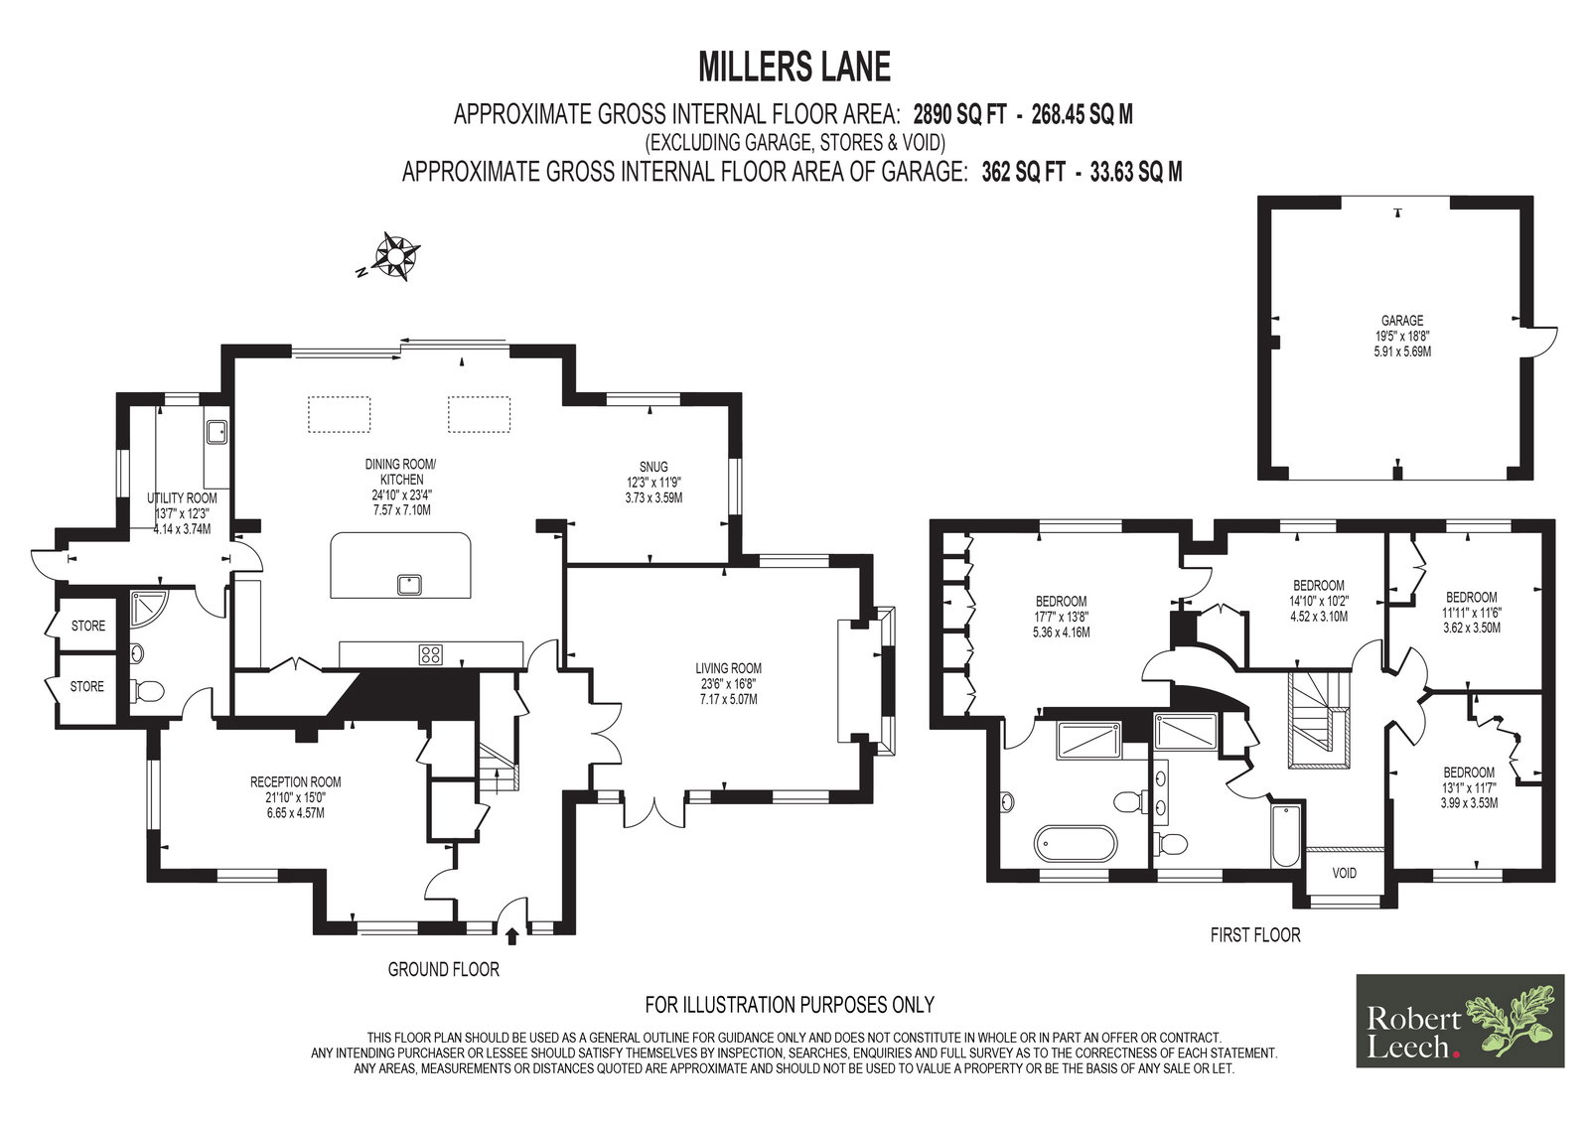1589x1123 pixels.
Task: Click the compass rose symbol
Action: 397,255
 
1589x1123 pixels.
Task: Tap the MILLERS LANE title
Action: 794,67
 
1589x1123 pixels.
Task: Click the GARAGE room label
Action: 1401,321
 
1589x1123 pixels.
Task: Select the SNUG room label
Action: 653,467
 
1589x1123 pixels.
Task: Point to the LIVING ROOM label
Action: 729,668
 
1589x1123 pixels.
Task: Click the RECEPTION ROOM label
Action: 296,782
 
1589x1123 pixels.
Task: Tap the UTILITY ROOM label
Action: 183,498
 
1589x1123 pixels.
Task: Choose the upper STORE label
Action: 88,626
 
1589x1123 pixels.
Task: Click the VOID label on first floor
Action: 1344,873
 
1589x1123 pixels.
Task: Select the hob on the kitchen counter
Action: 430,654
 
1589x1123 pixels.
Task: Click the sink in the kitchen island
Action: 410,585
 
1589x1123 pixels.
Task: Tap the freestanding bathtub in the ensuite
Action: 1077,844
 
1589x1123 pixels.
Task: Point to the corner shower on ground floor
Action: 148,608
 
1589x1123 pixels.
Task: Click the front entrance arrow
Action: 512,937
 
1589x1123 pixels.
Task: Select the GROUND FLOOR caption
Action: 443,969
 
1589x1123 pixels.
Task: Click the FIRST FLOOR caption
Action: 1255,935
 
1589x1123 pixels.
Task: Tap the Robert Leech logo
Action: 1460,1021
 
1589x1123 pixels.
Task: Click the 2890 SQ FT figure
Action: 959,114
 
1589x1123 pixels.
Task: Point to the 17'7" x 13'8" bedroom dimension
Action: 1062,617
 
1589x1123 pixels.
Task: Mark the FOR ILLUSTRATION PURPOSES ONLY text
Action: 790,1005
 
